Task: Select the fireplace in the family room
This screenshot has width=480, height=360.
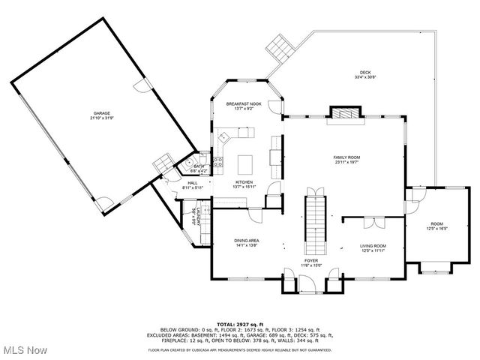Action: pyautogui.click(x=347, y=114)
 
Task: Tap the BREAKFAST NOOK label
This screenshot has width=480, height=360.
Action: pyautogui.click(x=244, y=104)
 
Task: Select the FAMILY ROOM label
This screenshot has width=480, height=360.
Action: pyautogui.click(x=347, y=157)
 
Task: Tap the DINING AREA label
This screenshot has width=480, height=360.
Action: pyautogui.click(x=247, y=240)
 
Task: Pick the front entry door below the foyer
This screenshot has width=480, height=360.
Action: pyautogui.click(x=307, y=284)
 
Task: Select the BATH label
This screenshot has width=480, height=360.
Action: pyautogui.click(x=199, y=166)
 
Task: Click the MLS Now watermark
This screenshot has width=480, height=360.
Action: pyautogui.click(x=24, y=350)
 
